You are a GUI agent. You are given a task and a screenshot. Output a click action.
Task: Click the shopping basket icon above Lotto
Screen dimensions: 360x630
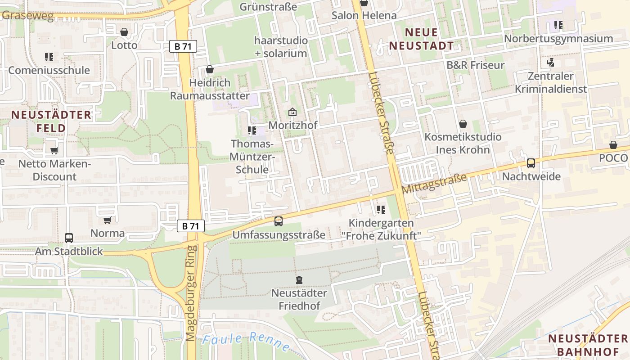(x=124, y=32)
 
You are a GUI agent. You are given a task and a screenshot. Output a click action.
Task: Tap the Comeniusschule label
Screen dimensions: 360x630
(x=49, y=70)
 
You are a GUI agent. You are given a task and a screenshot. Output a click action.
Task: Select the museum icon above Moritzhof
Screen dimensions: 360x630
(x=292, y=112)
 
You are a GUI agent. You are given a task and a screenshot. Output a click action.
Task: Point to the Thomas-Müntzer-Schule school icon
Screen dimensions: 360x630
(x=252, y=131)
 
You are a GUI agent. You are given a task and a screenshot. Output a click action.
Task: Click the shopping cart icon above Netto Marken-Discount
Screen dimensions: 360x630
(x=54, y=151)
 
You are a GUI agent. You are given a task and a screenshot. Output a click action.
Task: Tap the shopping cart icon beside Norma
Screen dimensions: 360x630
(x=107, y=220)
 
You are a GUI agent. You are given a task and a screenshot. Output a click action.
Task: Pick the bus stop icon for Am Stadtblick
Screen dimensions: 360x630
(x=69, y=238)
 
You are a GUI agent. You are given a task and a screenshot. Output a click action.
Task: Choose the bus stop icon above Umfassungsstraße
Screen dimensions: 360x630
(x=279, y=221)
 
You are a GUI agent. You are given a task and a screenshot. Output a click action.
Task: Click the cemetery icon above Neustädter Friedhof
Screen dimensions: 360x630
(x=299, y=280)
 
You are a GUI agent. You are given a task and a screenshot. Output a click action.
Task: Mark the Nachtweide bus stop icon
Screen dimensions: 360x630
(x=531, y=163)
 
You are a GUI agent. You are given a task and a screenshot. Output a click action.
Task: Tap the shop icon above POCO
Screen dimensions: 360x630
(x=613, y=145)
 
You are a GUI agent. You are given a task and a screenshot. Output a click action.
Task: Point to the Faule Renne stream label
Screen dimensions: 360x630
(x=246, y=342)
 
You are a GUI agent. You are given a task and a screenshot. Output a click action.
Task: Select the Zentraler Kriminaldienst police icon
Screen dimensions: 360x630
(x=550, y=62)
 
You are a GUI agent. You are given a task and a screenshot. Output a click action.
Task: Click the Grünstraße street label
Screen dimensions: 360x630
(x=268, y=7)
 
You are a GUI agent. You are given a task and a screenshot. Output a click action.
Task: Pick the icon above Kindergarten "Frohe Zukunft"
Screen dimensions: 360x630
(x=381, y=210)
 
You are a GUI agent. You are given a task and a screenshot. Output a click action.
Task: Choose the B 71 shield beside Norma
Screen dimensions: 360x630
(x=191, y=226)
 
